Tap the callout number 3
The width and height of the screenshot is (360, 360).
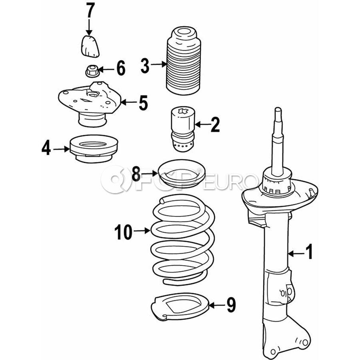[x=145, y=65]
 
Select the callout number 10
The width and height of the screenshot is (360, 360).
[x=123, y=232]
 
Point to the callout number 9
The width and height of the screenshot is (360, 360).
[x=231, y=306]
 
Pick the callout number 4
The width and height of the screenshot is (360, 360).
[x=46, y=149]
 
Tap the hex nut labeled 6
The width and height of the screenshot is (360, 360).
[x=91, y=72]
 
